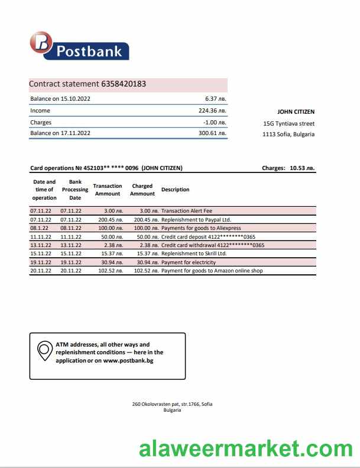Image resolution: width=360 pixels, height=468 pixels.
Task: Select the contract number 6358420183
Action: click(124, 84)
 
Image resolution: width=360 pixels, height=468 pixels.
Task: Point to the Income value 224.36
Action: click(212, 110)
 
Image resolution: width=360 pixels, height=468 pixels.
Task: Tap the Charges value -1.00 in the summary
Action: click(214, 122)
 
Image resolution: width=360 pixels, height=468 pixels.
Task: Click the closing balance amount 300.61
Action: click(212, 133)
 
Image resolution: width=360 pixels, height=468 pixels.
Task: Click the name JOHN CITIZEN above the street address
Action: click(296, 112)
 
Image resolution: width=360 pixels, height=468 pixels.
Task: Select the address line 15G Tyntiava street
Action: click(288, 123)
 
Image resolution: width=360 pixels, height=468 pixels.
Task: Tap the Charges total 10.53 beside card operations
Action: click(302, 168)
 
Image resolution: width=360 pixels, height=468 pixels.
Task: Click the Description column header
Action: click(175, 190)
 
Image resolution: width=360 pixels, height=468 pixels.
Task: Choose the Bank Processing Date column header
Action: click(75, 190)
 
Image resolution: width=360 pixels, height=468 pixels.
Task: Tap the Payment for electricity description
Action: click(189, 262)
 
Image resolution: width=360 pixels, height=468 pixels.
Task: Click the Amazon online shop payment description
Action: click(212, 271)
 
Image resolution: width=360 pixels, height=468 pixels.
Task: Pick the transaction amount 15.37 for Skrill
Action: click(111, 254)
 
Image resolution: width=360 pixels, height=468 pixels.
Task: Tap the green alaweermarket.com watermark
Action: click(246, 448)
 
